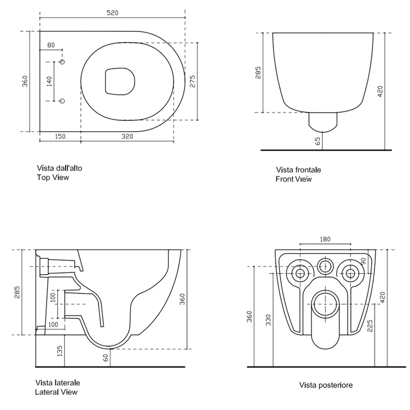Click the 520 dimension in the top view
[x=112, y=12]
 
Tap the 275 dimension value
[x=192, y=81]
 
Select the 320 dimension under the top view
[x=127, y=136]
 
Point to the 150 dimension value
[x=60, y=136]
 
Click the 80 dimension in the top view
[x=51, y=45]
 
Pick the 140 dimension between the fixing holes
[x=49, y=81]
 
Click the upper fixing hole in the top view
[x=62, y=61]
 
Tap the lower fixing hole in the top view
[x=62, y=101]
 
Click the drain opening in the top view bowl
[x=120, y=81]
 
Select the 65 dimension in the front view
[x=317, y=141]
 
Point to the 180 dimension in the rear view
[x=325, y=239]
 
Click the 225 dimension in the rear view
[x=370, y=326]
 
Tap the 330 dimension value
[x=268, y=320]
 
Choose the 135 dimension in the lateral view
[x=59, y=351]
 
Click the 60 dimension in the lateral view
[x=106, y=358]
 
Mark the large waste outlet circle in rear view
[x=325, y=304]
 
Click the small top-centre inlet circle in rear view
[x=325, y=266]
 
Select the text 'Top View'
[x=53, y=177]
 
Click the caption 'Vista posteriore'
[x=326, y=385]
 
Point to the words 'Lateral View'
[x=56, y=392]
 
